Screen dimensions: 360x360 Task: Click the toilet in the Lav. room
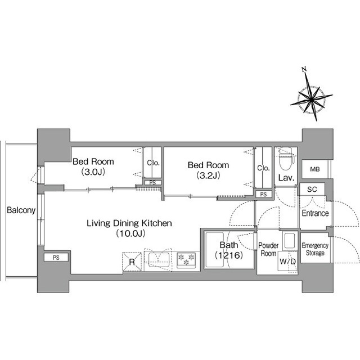tap(286, 159)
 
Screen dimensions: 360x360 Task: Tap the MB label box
tap(315, 169)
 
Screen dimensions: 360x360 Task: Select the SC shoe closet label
tap(312, 190)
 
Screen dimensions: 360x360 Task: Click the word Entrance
tap(315, 213)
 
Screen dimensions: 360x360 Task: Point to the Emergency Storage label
tap(315, 249)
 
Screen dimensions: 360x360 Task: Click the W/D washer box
tap(287, 261)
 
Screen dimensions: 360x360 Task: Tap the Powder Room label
tap(268, 249)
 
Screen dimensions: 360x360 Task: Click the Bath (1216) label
tap(229, 250)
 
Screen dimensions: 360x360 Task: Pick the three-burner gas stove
tap(186, 260)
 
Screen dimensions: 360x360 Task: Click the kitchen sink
tap(159, 260)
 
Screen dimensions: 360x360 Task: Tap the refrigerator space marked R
tap(132, 262)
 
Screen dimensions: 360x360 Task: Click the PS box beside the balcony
tap(56, 258)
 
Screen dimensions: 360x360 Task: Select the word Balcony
tap(21, 210)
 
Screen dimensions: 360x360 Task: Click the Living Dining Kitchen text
tap(129, 223)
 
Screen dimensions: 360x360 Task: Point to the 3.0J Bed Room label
tap(93, 166)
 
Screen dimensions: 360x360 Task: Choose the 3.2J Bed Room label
tap(208, 170)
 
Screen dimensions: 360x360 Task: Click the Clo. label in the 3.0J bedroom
tap(153, 163)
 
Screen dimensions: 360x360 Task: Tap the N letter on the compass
tap(305, 70)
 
